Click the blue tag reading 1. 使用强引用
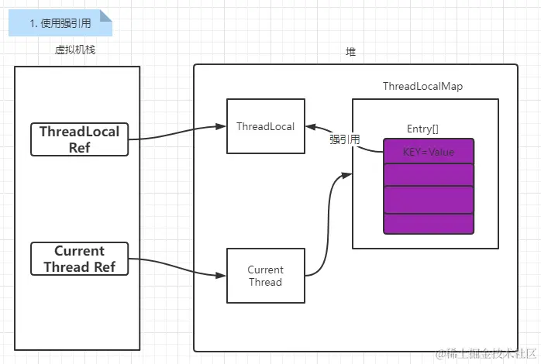[x=60, y=23]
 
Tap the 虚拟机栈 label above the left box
[x=75, y=50]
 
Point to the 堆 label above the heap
[x=351, y=51]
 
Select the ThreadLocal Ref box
[x=80, y=139]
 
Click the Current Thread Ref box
[x=79, y=259]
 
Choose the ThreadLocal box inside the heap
[x=265, y=126]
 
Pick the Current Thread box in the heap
[x=265, y=276]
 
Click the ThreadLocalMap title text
[x=422, y=87]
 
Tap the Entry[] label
[x=422, y=128]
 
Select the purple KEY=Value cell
[x=428, y=151]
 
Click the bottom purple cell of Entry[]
[x=428, y=224]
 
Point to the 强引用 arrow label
[x=344, y=140]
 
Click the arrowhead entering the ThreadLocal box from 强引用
[x=310, y=127]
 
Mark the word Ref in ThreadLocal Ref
[x=79, y=146]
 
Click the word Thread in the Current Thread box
[x=265, y=282]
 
